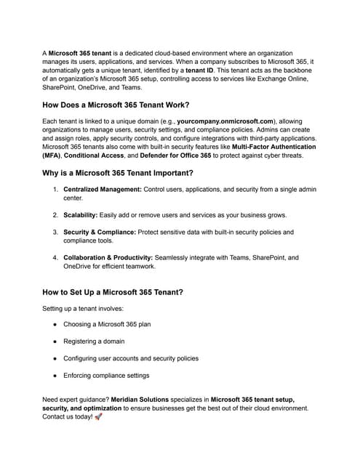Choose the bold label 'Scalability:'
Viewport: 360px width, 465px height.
click(84, 215)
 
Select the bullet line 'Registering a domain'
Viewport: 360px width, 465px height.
click(94, 341)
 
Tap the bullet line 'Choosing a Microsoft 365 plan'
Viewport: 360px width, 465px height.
click(108, 324)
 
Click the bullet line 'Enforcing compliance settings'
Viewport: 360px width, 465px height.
click(106, 375)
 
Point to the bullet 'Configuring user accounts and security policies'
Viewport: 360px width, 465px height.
click(131, 358)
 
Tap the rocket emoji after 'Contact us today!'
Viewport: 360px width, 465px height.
click(99, 417)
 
